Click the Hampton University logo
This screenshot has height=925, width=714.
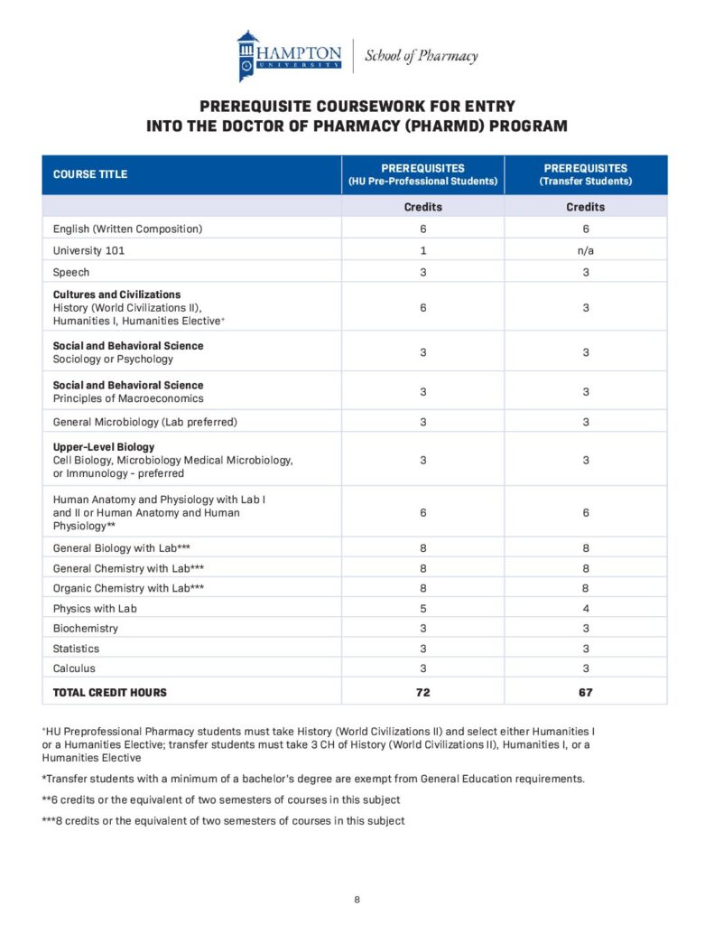pos(290,55)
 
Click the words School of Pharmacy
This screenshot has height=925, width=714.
pos(421,56)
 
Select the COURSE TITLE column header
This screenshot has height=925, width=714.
pos(90,174)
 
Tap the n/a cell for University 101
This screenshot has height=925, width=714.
pos(585,250)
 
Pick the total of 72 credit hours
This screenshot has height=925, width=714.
pos(422,693)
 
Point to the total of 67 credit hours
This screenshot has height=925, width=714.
pos(585,693)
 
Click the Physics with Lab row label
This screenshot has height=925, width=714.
pos(95,608)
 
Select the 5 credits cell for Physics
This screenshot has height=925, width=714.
pos(422,608)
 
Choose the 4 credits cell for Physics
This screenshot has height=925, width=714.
pos(585,608)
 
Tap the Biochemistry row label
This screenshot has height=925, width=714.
pos(85,628)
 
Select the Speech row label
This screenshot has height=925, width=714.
pos(71,272)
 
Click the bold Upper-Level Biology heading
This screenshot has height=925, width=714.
pos(104,447)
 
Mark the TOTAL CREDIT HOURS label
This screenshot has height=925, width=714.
pos(110,693)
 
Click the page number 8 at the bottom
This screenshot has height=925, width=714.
pos(357,900)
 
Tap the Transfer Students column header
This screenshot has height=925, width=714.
pos(585,174)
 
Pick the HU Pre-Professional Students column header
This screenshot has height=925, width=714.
pos(422,174)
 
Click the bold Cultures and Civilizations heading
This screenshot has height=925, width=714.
pos(116,294)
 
